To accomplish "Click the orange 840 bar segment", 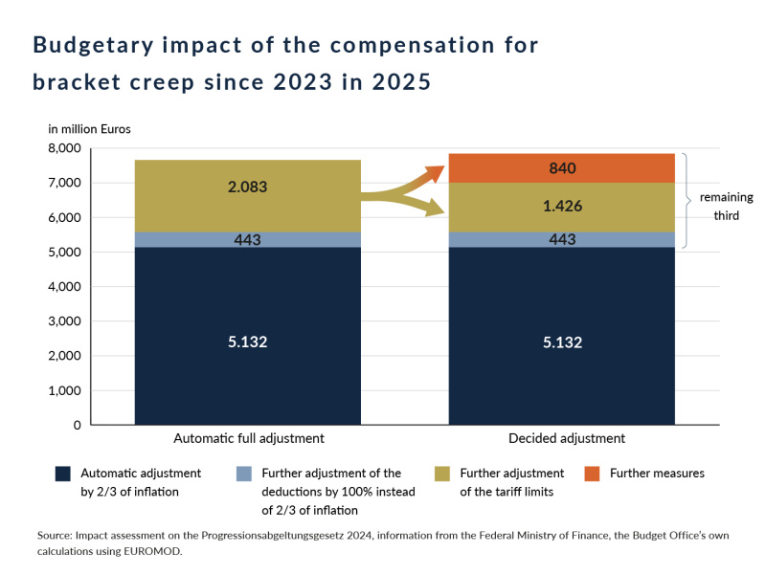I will [x=562, y=168].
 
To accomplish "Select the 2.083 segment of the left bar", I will [x=248, y=188].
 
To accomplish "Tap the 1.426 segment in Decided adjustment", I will [x=562, y=207].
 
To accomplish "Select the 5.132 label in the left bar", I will [x=248, y=342].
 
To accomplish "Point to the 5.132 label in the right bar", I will [x=562, y=342].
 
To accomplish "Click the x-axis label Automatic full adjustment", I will [x=248, y=438].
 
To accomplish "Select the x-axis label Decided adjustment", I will [x=562, y=438].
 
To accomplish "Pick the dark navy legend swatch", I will [x=63, y=474].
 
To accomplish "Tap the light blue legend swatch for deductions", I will [x=245, y=474].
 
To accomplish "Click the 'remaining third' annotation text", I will [x=726, y=207].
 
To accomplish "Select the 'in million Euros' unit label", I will [x=89, y=128].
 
